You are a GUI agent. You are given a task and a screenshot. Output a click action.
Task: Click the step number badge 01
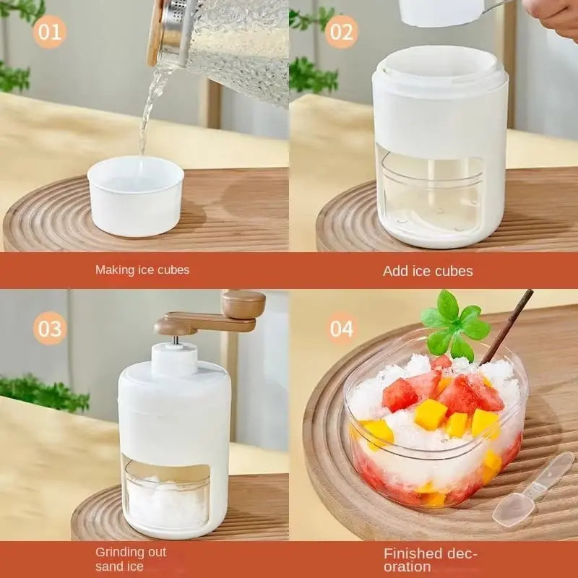(50, 32)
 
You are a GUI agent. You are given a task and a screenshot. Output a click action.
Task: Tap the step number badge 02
(341, 32)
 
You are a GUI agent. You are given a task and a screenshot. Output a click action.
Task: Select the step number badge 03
(50, 329)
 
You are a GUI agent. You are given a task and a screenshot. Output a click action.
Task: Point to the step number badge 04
(341, 329)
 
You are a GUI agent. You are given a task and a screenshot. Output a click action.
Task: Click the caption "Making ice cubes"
(142, 269)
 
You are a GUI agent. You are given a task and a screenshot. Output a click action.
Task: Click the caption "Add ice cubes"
(428, 271)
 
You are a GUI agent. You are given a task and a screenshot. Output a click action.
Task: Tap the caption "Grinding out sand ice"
(131, 558)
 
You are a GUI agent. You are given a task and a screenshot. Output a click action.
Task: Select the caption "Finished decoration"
(431, 560)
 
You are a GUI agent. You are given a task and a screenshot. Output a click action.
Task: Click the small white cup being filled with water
(135, 196)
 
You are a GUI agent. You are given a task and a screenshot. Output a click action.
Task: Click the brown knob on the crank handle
(243, 303)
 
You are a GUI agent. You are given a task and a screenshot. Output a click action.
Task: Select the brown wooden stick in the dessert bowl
(508, 325)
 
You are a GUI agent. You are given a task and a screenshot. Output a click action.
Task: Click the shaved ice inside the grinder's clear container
(166, 502)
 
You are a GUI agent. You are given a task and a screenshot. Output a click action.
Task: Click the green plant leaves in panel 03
(43, 394)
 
